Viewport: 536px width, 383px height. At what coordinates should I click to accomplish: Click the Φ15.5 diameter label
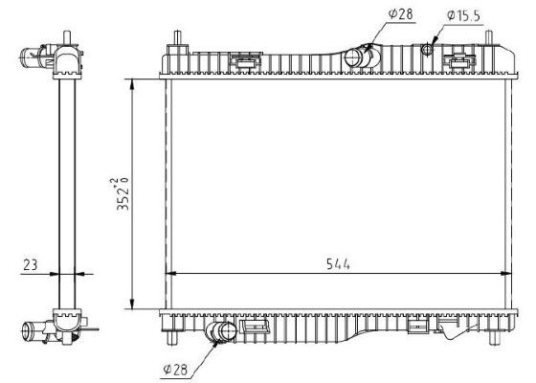pyautogui.click(x=463, y=15)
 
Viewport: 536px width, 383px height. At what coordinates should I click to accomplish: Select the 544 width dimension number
pyautogui.click(x=338, y=264)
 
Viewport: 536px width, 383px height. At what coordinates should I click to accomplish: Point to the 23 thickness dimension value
pyautogui.click(x=30, y=264)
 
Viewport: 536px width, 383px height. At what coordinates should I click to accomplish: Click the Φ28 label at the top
pyautogui.click(x=401, y=14)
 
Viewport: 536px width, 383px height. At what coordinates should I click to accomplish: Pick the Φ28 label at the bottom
pyautogui.click(x=175, y=370)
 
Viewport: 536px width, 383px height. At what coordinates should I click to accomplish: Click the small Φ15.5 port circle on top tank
pyautogui.click(x=427, y=49)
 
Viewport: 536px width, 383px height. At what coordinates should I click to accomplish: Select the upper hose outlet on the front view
pyautogui.click(x=357, y=56)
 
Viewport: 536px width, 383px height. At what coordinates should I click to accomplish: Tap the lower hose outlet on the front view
pyautogui.click(x=222, y=331)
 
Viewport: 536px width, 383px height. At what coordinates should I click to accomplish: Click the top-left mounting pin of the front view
pyautogui.click(x=177, y=37)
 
